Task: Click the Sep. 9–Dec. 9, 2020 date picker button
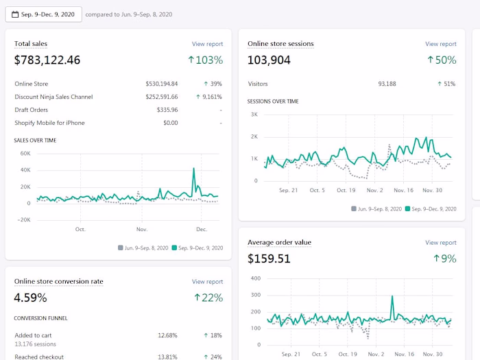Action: pyautogui.click(x=43, y=14)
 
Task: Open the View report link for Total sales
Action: pyautogui.click(x=207, y=44)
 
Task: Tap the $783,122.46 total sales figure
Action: pyautogui.click(x=47, y=60)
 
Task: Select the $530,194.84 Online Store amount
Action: pyautogui.click(x=161, y=84)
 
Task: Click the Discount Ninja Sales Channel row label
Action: pyautogui.click(x=53, y=97)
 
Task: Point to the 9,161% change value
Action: pyautogui.click(x=208, y=97)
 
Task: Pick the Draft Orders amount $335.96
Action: pyautogui.click(x=167, y=110)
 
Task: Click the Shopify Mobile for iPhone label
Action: pyautogui.click(x=49, y=123)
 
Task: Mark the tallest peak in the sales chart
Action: pyautogui.click(x=194, y=168)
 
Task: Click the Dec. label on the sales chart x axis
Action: pyautogui.click(x=202, y=229)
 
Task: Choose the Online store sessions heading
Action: pyautogui.click(x=280, y=44)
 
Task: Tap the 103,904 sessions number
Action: pyautogui.click(x=269, y=60)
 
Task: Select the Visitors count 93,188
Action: pyautogui.click(x=387, y=84)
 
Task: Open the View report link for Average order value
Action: pyautogui.click(x=440, y=243)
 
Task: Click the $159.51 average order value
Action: pyautogui.click(x=269, y=259)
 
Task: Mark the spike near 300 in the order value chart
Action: pyautogui.click(x=392, y=296)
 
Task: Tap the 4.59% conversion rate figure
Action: pyautogui.click(x=31, y=298)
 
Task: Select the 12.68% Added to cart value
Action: pyautogui.click(x=167, y=335)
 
